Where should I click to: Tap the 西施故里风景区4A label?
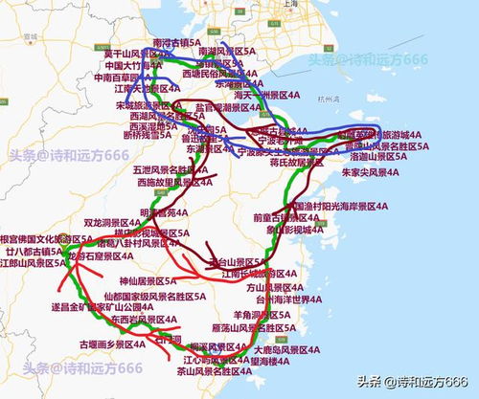coord(174,182)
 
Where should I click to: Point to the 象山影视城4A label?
coord(301,230)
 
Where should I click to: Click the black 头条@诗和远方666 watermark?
coord(413,381)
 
